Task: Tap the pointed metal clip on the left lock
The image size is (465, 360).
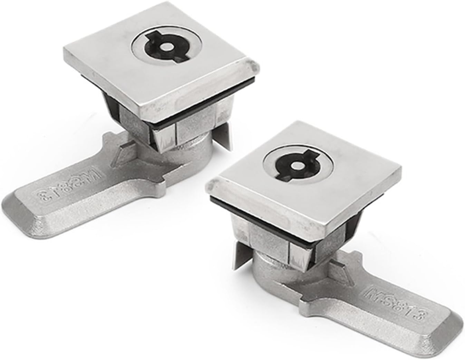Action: (x=228, y=138)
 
